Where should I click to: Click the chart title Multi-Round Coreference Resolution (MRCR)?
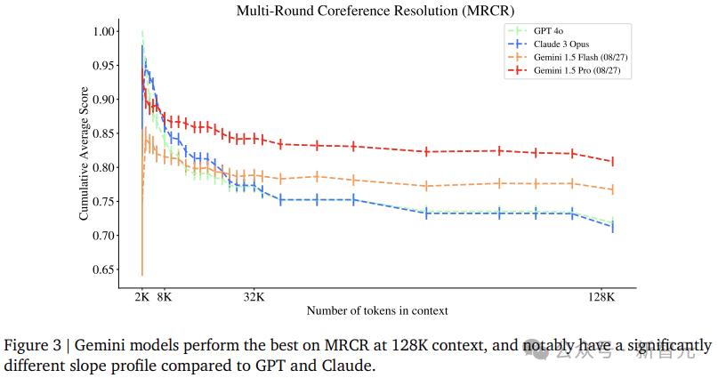coord(375,11)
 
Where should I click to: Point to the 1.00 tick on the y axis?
coord(104,31)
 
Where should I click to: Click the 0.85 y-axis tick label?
coord(104,133)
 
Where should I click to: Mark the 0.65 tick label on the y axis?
coord(104,269)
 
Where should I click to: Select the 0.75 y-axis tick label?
coord(104,202)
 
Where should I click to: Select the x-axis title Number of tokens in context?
coord(376,311)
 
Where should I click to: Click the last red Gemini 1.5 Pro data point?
coord(613,162)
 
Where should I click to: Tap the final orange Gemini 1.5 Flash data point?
coord(613,189)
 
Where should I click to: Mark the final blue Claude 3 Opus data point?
coord(613,228)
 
